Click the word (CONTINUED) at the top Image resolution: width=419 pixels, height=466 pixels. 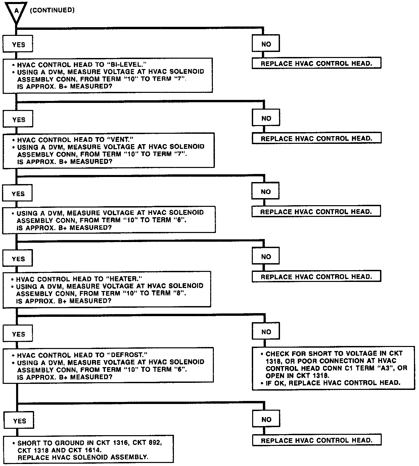pos(52,10)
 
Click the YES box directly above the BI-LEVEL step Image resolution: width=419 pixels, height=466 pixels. pos(18,45)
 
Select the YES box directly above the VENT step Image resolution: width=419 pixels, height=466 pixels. pos(18,120)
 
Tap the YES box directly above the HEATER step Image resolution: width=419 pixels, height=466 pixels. pos(18,259)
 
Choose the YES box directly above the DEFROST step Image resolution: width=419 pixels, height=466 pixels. pos(18,334)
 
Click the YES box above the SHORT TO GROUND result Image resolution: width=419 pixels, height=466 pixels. pos(19,421)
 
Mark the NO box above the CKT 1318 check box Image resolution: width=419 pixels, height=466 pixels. pos(266,332)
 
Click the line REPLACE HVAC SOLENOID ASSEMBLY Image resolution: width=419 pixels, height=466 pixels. pos(83,457)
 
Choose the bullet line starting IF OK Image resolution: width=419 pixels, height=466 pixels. pos(332,383)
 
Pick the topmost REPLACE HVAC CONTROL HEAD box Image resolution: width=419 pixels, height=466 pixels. pos(316,63)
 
